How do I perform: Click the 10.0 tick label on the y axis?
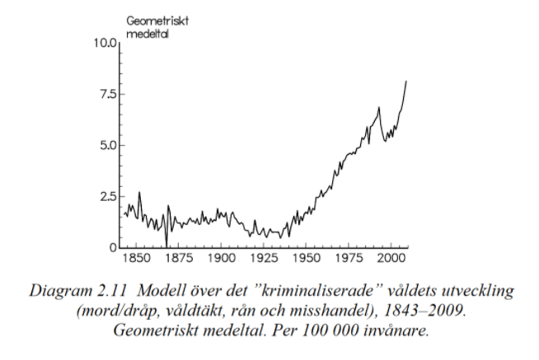tap(105, 42)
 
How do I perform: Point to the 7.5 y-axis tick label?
tap(108, 93)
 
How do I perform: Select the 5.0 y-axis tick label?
tap(108, 145)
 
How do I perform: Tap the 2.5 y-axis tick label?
tap(108, 196)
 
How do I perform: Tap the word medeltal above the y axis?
tap(143, 33)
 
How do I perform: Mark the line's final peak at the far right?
tap(405, 81)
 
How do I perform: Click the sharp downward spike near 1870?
tap(166, 245)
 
